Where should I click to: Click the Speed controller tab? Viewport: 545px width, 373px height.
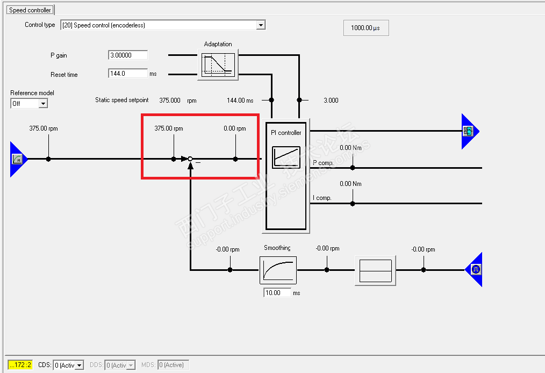[x=30, y=10]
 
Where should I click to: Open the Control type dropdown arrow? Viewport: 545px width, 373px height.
[x=261, y=25]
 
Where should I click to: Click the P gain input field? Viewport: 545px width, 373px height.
[x=128, y=55]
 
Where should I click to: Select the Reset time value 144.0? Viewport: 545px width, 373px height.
[x=128, y=73]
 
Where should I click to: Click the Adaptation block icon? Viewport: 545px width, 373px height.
[x=218, y=64]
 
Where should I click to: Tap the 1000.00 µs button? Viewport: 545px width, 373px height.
[x=366, y=28]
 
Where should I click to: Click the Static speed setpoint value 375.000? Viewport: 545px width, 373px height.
[x=170, y=100]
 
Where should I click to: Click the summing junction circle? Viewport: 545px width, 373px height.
[x=190, y=159]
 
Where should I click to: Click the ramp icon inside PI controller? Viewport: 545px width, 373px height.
[x=286, y=157]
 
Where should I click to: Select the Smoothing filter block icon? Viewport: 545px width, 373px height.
[x=278, y=270]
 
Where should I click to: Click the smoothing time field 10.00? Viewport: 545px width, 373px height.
[x=277, y=293]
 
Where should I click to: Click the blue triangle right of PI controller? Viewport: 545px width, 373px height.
[x=470, y=131]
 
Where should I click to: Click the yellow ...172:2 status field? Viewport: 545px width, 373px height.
[x=20, y=364]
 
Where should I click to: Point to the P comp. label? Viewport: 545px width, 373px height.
[x=323, y=163]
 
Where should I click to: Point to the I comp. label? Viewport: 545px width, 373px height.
[x=322, y=198]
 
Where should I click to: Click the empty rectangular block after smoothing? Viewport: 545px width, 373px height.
[x=375, y=271]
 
